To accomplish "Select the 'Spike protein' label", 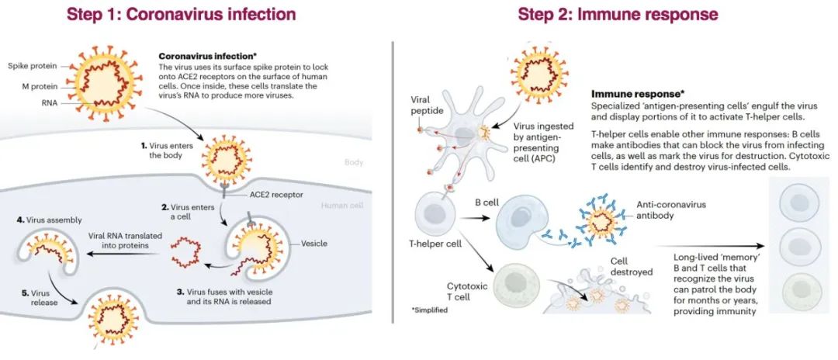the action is (30, 66).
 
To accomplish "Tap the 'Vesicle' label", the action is (313, 243).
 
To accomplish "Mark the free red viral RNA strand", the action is (185, 253).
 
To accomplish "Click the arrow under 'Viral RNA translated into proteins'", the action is (119, 254).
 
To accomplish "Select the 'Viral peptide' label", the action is (425, 106).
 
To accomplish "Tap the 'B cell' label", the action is (487, 203).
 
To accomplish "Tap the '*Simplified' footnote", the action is (430, 310).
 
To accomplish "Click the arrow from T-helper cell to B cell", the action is (475, 217).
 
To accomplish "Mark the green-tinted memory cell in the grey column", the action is (799, 291).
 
